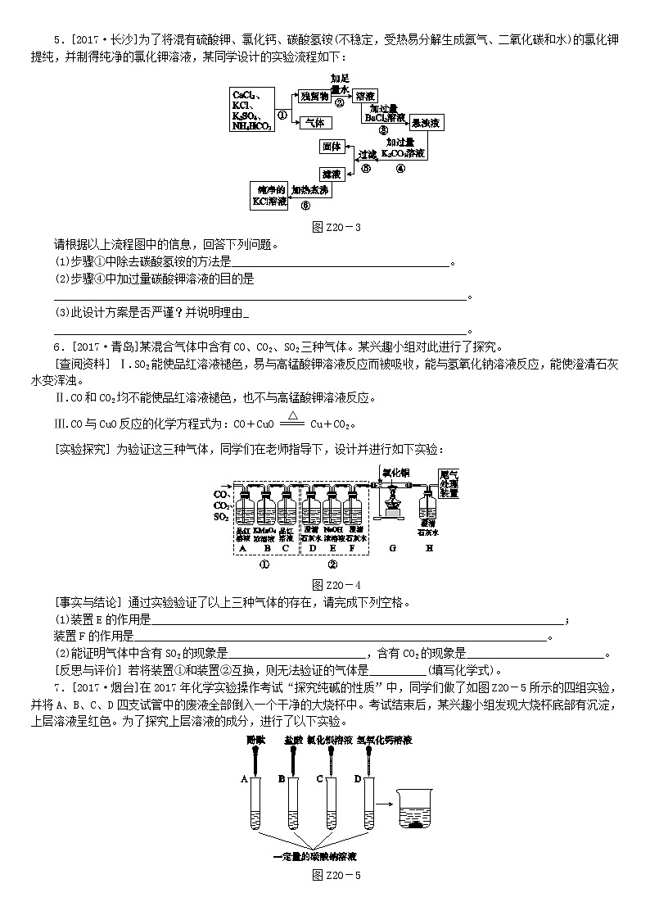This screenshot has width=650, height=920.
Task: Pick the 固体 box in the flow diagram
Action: pyautogui.click(x=331, y=147)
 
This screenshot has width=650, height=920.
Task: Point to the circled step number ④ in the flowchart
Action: pyautogui.click(x=401, y=169)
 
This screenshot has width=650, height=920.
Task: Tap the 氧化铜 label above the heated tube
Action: pyautogui.click(x=395, y=473)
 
